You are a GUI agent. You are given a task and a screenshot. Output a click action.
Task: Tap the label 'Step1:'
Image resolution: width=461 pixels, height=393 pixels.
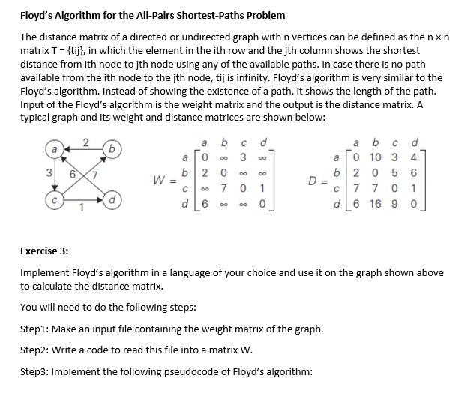[x=34, y=329]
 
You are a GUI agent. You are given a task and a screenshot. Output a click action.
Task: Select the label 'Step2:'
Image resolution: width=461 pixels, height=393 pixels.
[x=34, y=350]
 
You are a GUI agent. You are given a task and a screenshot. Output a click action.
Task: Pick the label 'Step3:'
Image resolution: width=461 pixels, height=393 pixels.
[x=34, y=372]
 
